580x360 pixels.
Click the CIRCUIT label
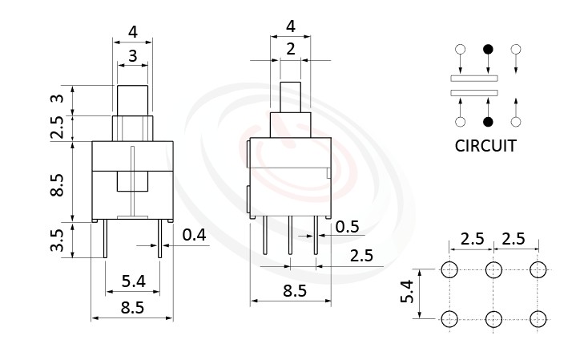click(485, 146)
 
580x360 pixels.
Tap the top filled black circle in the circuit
click(488, 50)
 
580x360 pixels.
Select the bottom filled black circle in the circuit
click(488, 122)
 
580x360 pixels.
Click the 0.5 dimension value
click(347, 227)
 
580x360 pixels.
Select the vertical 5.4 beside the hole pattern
click(407, 293)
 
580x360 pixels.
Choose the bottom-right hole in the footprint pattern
click(538, 319)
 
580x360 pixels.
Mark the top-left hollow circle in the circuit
click(460, 50)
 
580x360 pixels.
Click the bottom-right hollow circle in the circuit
click(516, 122)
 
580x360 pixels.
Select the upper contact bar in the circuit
click(474, 78)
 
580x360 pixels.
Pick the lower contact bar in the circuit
click(474, 93)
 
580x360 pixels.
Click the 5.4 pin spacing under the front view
click(132, 281)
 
